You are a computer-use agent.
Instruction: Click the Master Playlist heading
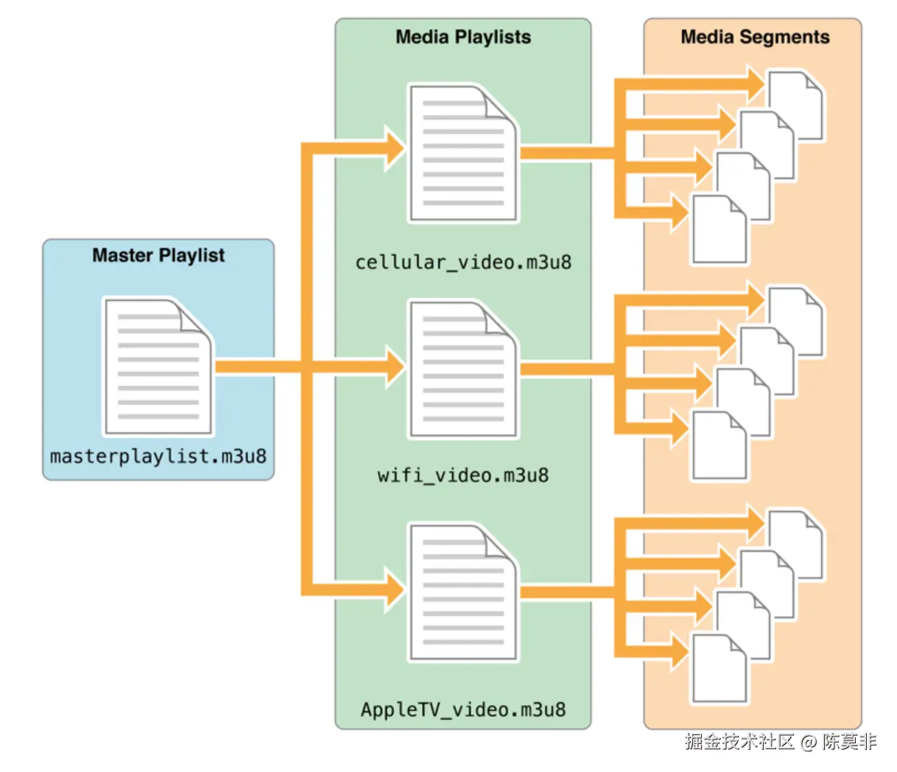click(158, 256)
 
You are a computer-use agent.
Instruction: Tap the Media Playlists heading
click(462, 38)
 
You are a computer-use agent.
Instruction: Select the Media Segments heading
click(755, 38)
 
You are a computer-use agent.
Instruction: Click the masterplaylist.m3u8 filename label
click(158, 457)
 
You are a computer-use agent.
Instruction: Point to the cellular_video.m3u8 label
click(462, 262)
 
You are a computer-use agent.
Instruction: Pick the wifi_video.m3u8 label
click(462, 475)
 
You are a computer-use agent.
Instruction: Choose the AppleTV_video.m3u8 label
click(462, 710)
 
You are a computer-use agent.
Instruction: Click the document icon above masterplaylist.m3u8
click(158, 367)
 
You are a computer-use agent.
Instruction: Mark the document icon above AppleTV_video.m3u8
click(463, 592)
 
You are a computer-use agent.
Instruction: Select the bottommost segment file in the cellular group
click(718, 230)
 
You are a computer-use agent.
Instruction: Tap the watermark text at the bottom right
click(781, 742)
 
